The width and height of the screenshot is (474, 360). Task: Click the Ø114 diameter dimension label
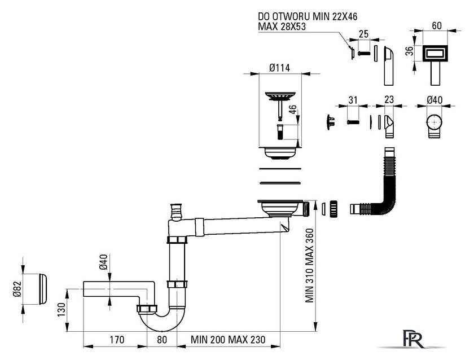pyautogui.click(x=280, y=68)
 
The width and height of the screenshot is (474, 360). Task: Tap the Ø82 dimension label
pyautogui.click(x=17, y=289)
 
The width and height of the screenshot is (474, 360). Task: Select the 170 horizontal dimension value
pyautogui.click(x=117, y=340)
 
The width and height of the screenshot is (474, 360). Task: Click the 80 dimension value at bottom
pyautogui.click(x=162, y=340)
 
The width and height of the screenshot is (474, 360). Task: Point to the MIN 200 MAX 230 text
pyautogui.click(x=228, y=340)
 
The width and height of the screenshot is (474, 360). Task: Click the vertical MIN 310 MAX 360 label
pyautogui.click(x=310, y=265)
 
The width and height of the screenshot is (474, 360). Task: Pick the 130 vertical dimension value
pyautogui.click(x=61, y=310)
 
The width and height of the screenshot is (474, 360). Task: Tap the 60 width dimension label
pyautogui.click(x=437, y=26)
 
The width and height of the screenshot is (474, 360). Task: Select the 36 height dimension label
pyautogui.click(x=409, y=51)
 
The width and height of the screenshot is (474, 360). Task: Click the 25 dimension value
pyautogui.click(x=363, y=34)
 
